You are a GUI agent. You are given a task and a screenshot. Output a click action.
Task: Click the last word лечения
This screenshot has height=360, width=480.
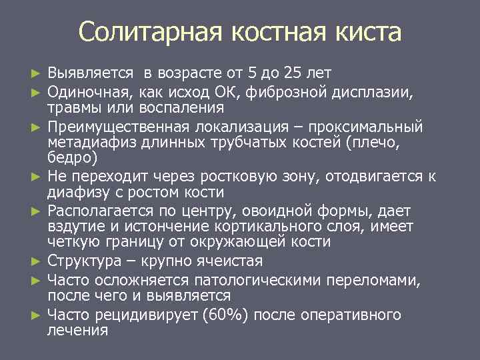(78, 330)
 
